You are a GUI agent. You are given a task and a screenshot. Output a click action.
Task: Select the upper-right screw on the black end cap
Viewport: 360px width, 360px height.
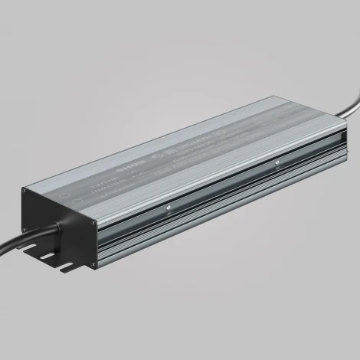[x=93, y=225]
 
